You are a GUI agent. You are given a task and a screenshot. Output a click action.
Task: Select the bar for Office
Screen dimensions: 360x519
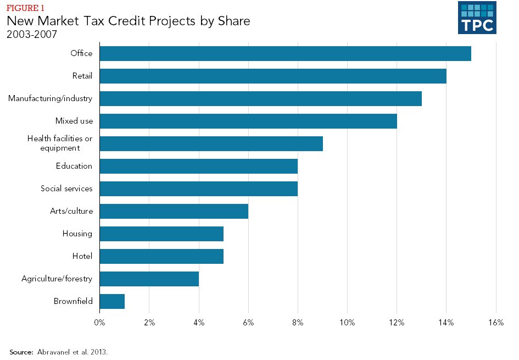click(285, 53)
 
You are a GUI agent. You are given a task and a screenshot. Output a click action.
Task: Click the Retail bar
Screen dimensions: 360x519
click(273, 76)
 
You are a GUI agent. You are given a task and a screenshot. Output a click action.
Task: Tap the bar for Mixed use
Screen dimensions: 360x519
click(248, 121)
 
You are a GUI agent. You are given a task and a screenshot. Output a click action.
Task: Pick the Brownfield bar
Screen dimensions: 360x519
click(112, 301)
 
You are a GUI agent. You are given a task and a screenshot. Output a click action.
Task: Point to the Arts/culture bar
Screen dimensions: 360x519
click(174, 211)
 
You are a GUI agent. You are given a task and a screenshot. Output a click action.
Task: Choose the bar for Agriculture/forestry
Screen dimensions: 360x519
click(149, 279)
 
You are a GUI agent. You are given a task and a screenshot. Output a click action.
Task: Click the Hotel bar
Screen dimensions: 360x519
click(161, 256)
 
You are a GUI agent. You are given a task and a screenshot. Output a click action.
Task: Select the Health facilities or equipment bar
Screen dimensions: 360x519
click(211, 143)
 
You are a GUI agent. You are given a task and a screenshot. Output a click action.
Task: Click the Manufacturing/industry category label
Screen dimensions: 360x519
click(50, 98)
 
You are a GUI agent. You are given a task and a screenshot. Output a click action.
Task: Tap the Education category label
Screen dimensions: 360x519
click(74, 166)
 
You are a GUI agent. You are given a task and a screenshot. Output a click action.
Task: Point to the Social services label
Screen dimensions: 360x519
click(66, 189)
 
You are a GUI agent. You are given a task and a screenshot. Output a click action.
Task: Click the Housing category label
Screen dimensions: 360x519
click(77, 234)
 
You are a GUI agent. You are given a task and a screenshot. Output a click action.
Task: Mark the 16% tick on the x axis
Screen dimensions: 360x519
click(495, 323)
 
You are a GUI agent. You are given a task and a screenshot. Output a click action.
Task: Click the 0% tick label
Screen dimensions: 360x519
click(99, 323)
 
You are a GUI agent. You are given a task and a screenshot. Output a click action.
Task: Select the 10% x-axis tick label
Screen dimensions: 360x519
click(347, 323)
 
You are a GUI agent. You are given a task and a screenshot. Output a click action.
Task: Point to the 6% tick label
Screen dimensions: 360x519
click(248, 323)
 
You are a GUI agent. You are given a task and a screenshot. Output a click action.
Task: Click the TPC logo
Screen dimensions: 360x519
click(477, 18)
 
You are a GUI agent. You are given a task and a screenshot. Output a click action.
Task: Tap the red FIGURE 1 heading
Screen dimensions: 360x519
click(25, 8)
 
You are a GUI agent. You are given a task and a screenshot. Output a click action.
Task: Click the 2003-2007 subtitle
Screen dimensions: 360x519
click(32, 34)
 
